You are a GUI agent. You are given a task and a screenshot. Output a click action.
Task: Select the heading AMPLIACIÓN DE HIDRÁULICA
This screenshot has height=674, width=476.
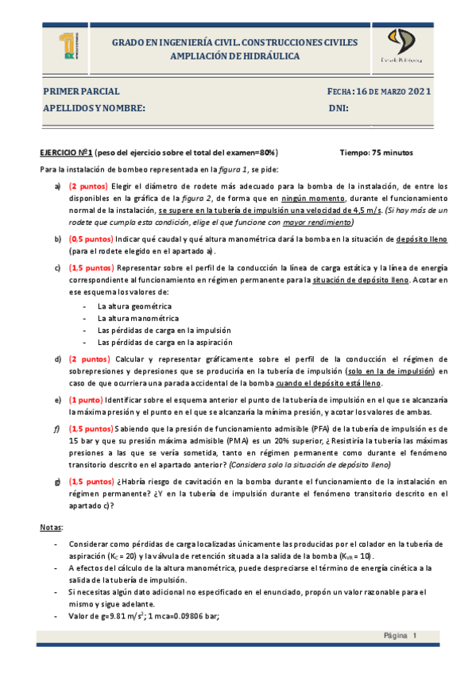[x=234, y=56]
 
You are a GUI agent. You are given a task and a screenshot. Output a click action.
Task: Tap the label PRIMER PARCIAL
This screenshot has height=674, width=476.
[x=81, y=91]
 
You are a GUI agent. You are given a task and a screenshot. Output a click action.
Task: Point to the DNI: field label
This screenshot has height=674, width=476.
[x=339, y=107]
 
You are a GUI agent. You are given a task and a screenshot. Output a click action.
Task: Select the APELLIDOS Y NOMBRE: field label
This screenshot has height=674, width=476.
[x=95, y=107]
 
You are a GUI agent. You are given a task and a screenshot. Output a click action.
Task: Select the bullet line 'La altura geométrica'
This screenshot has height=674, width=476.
[x=134, y=306]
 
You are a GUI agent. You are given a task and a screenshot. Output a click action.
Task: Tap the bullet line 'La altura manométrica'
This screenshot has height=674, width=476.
[x=135, y=318]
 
